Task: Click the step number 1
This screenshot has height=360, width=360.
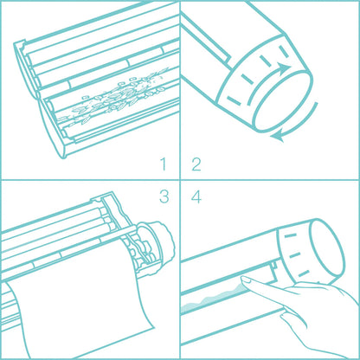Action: pyautogui.click(x=163, y=164)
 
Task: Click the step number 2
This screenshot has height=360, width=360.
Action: pyautogui.click(x=196, y=164)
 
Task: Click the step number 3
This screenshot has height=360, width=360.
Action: pyautogui.click(x=163, y=196)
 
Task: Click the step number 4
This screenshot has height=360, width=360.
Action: pyautogui.click(x=196, y=196)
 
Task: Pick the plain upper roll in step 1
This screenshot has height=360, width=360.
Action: pyautogui.click(x=87, y=64)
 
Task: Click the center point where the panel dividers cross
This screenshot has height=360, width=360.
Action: pyautogui.click(x=179, y=179)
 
